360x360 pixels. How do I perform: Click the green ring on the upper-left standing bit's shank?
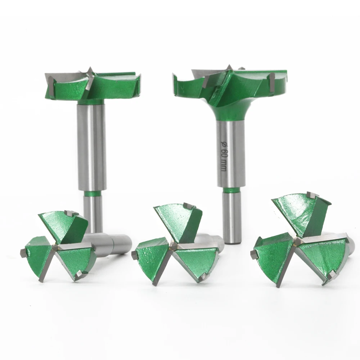[93, 193]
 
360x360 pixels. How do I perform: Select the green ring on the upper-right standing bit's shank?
[231, 190]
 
